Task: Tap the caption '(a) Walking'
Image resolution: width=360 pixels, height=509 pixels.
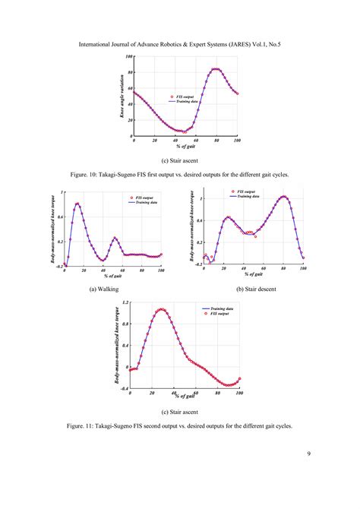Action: pos(103,289)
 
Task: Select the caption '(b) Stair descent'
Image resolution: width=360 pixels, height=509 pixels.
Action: pos(256,289)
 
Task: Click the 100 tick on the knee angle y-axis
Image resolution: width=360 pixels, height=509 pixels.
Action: pos(129,57)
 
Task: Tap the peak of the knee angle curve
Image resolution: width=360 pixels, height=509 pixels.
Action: pos(216,69)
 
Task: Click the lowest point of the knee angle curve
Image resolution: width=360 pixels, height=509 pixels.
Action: pos(183,131)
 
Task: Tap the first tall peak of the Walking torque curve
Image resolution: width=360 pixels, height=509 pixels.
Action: pos(77,204)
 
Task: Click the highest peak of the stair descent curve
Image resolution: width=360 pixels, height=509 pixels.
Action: pos(284,197)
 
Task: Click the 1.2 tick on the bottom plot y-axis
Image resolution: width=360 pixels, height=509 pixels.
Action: pos(125,303)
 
